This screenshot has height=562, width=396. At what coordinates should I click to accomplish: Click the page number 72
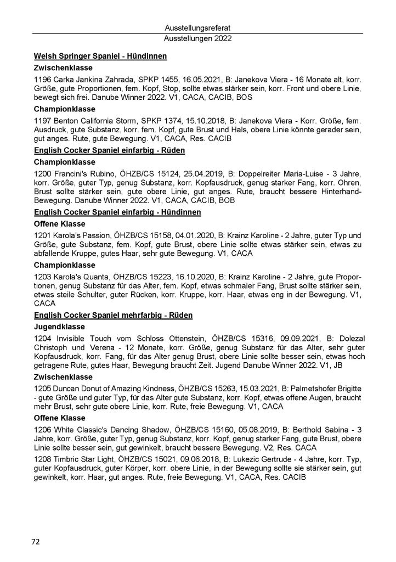[35, 542]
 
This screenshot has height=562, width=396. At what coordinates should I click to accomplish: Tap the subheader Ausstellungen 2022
[197, 39]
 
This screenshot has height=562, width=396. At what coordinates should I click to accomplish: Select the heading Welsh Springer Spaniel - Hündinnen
[100, 56]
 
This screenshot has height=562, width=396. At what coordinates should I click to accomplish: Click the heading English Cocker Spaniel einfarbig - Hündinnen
[117, 211]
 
